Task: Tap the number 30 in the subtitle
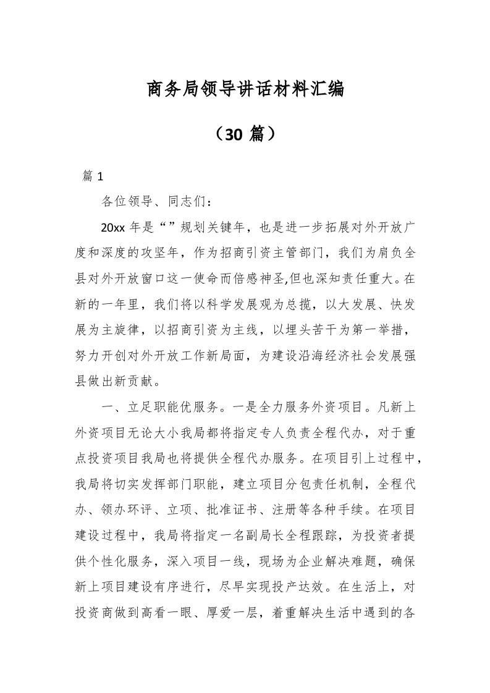(x=238, y=133)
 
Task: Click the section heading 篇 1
(x=92, y=176)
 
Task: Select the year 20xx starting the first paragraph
(x=113, y=227)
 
